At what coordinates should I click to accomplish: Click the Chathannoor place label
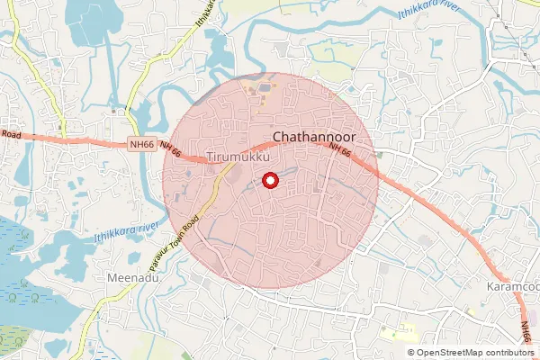click(314, 137)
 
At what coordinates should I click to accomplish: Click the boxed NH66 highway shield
click(142, 144)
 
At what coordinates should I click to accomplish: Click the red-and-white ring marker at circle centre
click(268, 182)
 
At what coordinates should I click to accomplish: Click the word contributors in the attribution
click(508, 353)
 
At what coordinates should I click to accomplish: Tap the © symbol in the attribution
click(410, 353)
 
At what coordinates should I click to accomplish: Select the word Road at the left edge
click(11, 133)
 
